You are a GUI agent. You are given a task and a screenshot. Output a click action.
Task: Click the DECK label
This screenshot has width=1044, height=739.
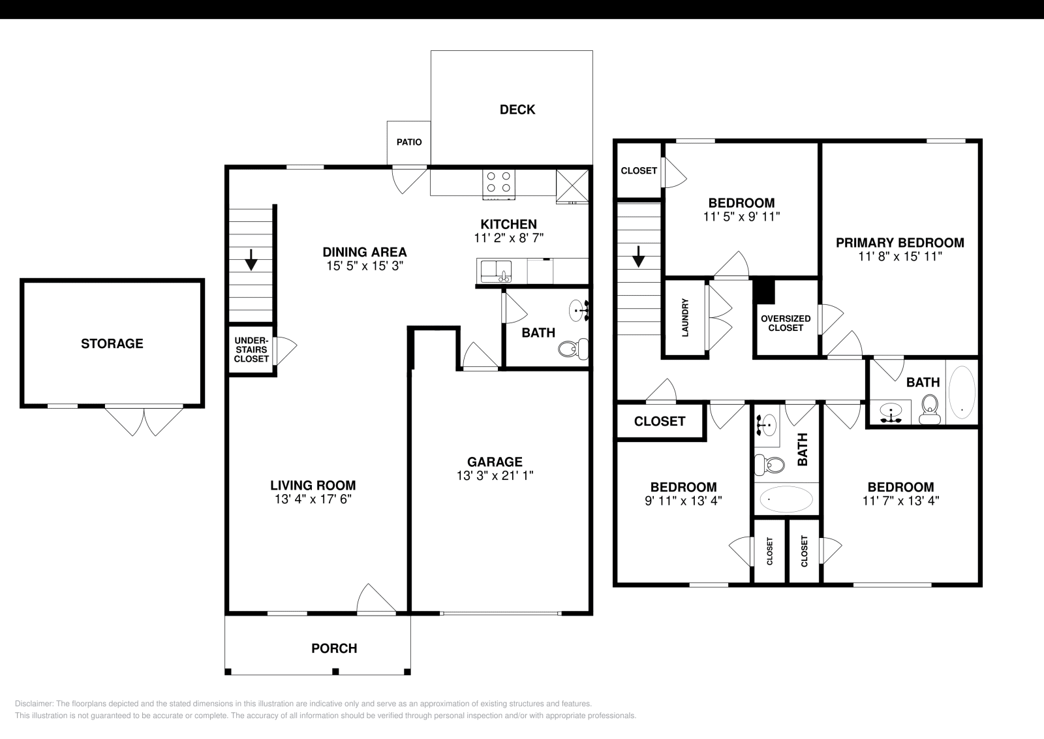click(517, 110)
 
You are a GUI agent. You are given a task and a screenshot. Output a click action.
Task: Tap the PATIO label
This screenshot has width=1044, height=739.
click(409, 142)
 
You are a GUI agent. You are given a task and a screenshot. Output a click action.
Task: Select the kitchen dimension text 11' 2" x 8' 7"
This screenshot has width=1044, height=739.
click(508, 238)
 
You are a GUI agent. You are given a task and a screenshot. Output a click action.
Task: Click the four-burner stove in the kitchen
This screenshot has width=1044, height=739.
click(499, 182)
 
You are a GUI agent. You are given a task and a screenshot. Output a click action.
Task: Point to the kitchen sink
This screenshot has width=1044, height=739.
click(496, 271)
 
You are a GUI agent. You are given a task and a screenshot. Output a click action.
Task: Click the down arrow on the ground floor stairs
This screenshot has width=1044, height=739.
click(251, 260)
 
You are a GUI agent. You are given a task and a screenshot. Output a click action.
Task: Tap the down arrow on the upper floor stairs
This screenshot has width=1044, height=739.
click(639, 257)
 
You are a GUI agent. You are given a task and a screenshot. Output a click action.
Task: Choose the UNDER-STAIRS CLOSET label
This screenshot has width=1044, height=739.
click(251, 350)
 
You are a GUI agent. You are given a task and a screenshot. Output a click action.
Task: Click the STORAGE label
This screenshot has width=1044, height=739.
click(112, 343)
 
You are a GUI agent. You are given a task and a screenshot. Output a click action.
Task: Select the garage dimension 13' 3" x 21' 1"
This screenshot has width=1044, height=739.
click(495, 475)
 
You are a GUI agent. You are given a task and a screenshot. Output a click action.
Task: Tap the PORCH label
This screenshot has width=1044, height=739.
click(334, 648)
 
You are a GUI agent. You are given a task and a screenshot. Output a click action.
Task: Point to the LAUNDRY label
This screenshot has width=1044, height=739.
click(685, 317)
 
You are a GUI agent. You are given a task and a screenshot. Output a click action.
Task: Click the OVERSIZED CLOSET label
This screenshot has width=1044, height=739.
click(786, 323)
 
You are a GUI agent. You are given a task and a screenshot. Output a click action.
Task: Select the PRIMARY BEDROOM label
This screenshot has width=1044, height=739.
click(900, 242)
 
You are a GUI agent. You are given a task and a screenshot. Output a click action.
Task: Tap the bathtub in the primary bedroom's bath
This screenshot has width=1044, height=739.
click(962, 392)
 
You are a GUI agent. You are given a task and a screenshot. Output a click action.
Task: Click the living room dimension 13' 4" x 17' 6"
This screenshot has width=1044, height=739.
click(313, 499)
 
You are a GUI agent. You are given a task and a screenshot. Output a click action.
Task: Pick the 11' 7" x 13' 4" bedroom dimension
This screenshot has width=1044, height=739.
click(901, 500)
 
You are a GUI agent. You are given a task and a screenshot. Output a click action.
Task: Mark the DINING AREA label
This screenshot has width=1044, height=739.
click(365, 252)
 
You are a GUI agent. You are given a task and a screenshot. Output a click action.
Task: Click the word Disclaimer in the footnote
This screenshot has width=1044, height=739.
click(34, 704)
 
